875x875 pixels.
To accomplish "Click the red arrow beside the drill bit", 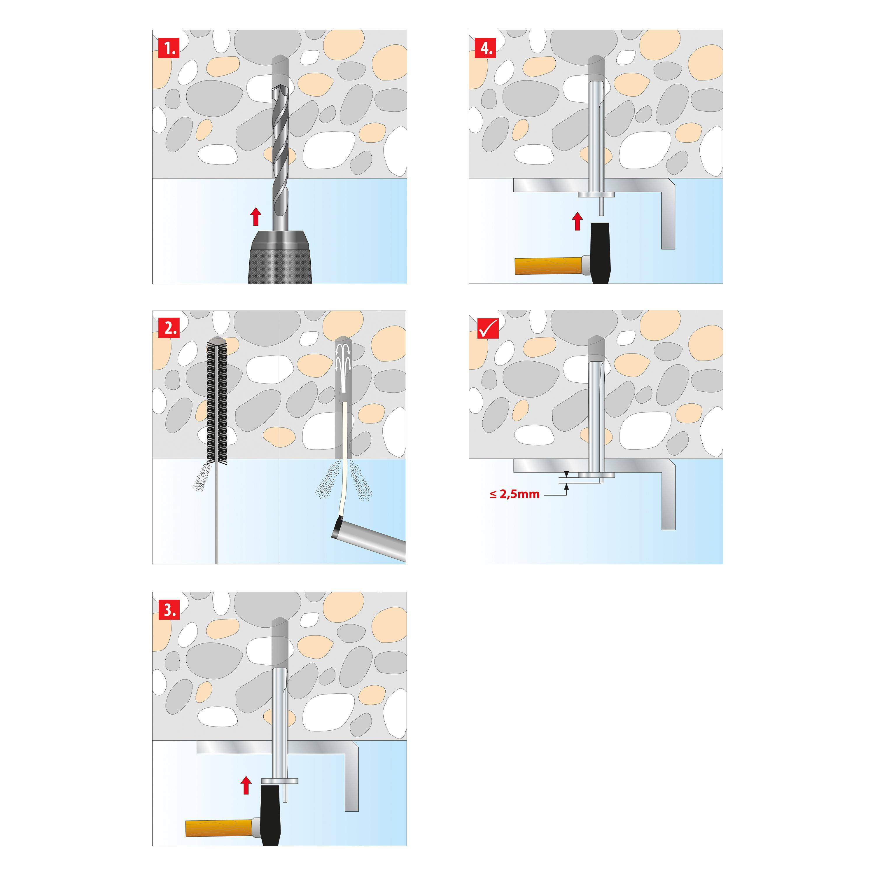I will click(x=256, y=216).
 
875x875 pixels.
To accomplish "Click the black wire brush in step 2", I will click(x=216, y=401).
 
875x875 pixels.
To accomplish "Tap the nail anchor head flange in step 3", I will click(x=279, y=781).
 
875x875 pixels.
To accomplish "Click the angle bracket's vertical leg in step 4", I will click(x=668, y=217).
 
